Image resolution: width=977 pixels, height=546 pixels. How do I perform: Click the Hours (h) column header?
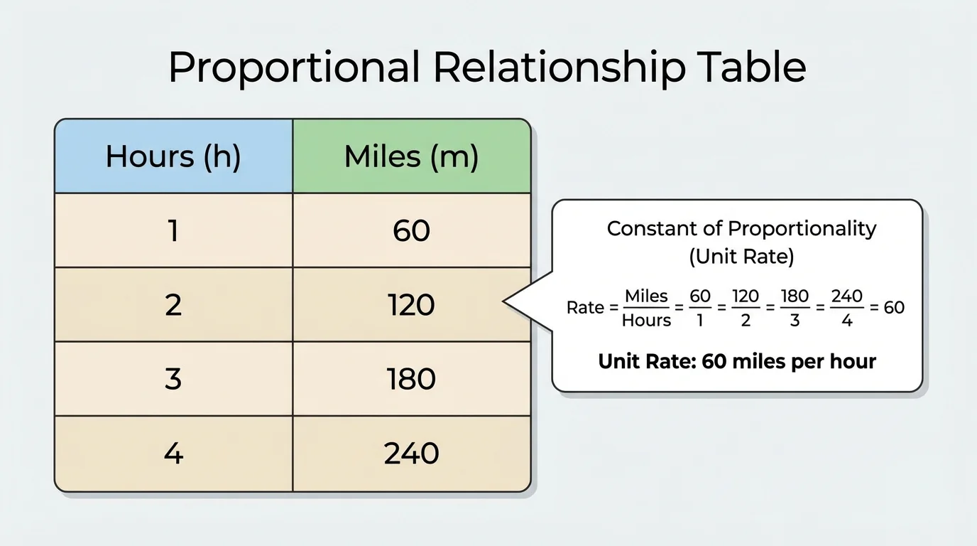click(173, 156)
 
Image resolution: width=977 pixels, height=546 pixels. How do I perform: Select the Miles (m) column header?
click(411, 156)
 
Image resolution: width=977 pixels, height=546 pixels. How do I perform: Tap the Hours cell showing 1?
click(173, 231)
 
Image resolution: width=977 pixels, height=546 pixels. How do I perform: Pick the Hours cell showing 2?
click(173, 305)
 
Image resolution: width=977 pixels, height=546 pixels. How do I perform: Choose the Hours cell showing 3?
click(173, 379)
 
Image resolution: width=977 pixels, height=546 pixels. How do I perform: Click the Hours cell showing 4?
click(173, 454)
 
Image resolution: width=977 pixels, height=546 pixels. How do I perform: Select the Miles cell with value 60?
click(411, 231)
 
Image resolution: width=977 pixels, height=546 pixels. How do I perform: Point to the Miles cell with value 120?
click(411, 305)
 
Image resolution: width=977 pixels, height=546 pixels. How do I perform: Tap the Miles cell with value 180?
click(411, 379)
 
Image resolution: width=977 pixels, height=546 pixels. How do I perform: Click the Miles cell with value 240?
click(411, 454)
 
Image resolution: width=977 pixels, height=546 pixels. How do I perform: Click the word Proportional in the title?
click(293, 68)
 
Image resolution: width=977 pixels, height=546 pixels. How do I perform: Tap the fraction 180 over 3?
click(795, 308)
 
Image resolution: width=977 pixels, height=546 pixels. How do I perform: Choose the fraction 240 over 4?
click(846, 308)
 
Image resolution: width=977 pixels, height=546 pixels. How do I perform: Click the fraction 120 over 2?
click(746, 308)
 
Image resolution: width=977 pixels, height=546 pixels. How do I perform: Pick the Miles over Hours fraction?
click(646, 308)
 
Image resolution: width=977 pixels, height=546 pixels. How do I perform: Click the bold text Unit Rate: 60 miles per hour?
click(737, 361)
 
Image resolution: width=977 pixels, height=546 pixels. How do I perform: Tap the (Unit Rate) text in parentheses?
click(741, 257)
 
